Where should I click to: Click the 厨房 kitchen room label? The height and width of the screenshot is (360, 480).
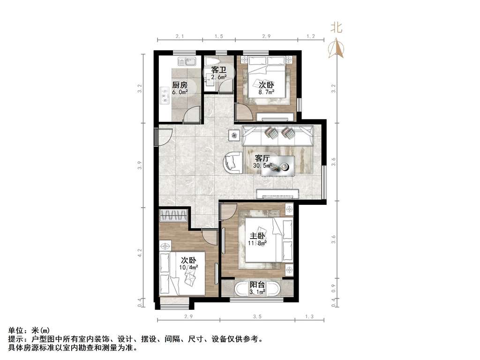[x=180, y=84]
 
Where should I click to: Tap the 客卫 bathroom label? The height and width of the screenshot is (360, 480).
[x=219, y=70]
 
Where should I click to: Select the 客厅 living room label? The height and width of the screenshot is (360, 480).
[x=262, y=158]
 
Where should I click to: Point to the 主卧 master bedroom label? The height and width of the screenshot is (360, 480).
[x=257, y=236]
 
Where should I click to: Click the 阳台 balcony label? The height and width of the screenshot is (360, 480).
[x=257, y=285]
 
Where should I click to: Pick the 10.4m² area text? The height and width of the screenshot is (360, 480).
[x=188, y=267]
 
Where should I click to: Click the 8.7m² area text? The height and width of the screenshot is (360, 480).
[x=266, y=91]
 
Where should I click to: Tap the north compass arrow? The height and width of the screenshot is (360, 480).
[x=337, y=47]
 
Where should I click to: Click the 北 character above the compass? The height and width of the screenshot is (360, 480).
[x=336, y=28]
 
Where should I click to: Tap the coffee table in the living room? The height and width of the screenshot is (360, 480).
[x=278, y=166]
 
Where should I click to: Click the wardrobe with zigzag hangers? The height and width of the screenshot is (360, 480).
[x=173, y=215]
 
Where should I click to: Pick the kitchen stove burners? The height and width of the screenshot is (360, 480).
[x=165, y=95]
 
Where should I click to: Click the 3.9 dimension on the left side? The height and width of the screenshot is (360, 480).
[x=140, y=165]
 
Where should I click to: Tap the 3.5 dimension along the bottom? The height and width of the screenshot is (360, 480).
[x=257, y=316]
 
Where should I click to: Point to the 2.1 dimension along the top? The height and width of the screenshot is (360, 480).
[x=180, y=36]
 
